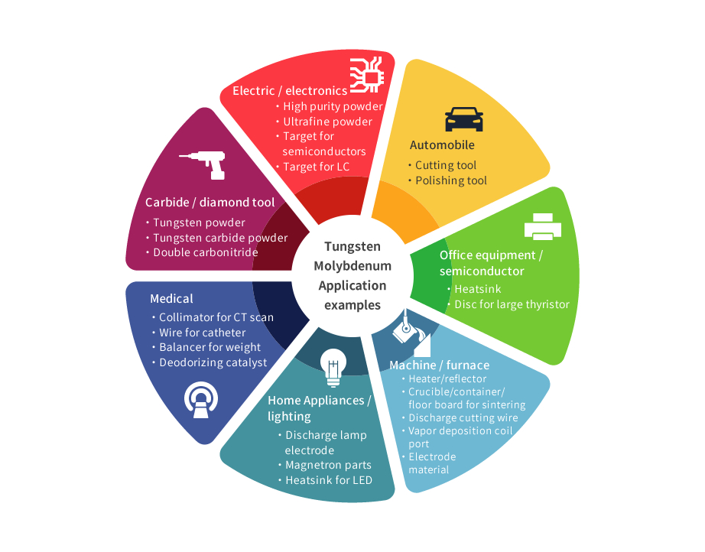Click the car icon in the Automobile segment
[x=464, y=119]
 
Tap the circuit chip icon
[x=367, y=75]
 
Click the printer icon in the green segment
[x=543, y=226]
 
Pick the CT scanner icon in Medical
[x=201, y=400]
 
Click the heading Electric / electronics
[x=290, y=91]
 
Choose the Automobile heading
[x=442, y=145]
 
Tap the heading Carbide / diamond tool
[x=210, y=203]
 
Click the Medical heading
[x=171, y=299]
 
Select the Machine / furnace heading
[x=439, y=365]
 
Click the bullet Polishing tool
[x=451, y=180]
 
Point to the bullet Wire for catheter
[x=203, y=333]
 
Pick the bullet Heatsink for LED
[x=329, y=480]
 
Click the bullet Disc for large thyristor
[x=512, y=304]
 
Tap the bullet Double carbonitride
[x=206, y=252]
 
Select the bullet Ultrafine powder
[x=327, y=122]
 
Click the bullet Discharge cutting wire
[x=463, y=418]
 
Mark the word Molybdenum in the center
[x=352, y=266]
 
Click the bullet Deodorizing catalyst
[x=213, y=362]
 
